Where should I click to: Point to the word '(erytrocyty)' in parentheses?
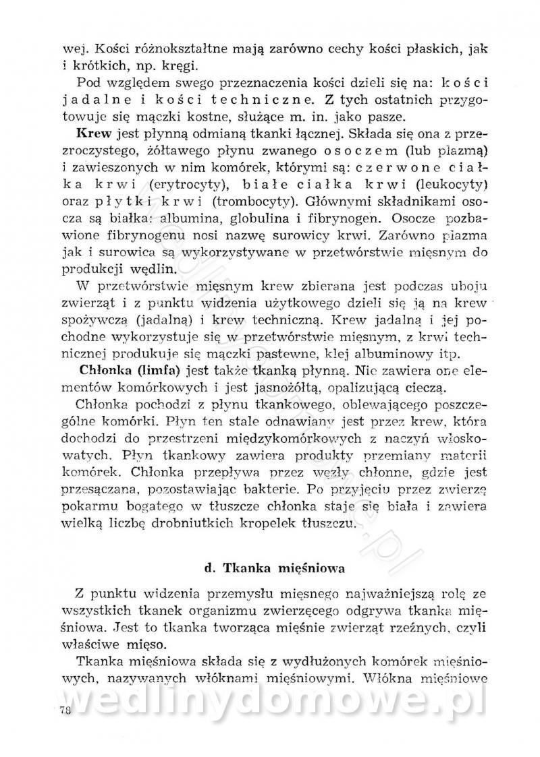click(x=180, y=183)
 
